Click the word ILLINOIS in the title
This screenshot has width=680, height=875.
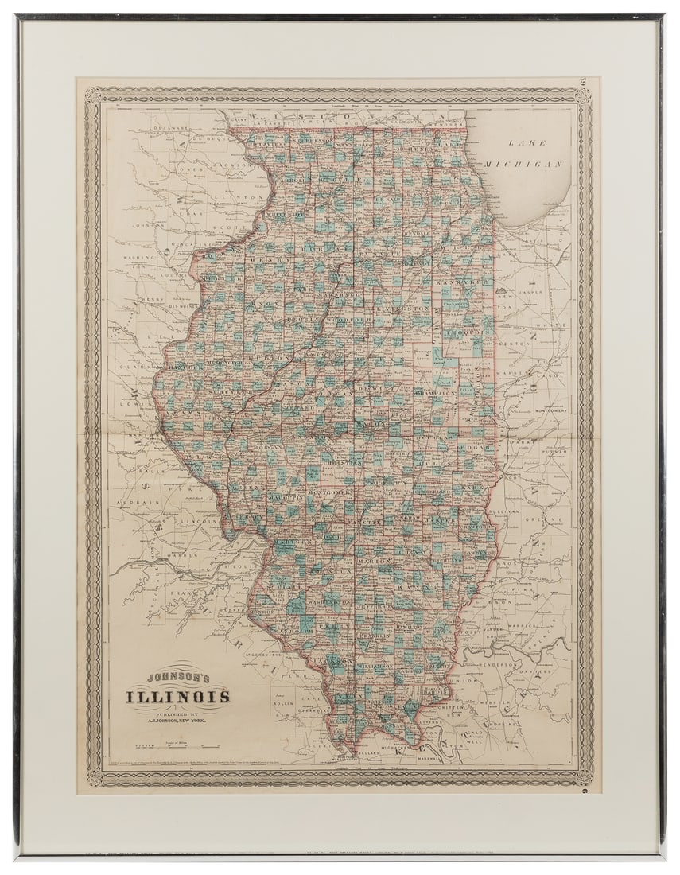pyautogui.click(x=177, y=697)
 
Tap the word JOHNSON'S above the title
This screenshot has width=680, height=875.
pyautogui.click(x=178, y=679)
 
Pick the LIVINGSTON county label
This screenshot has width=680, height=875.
pyautogui.click(x=404, y=307)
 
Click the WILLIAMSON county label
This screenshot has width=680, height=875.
pyautogui.click(x=374, y=663)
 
